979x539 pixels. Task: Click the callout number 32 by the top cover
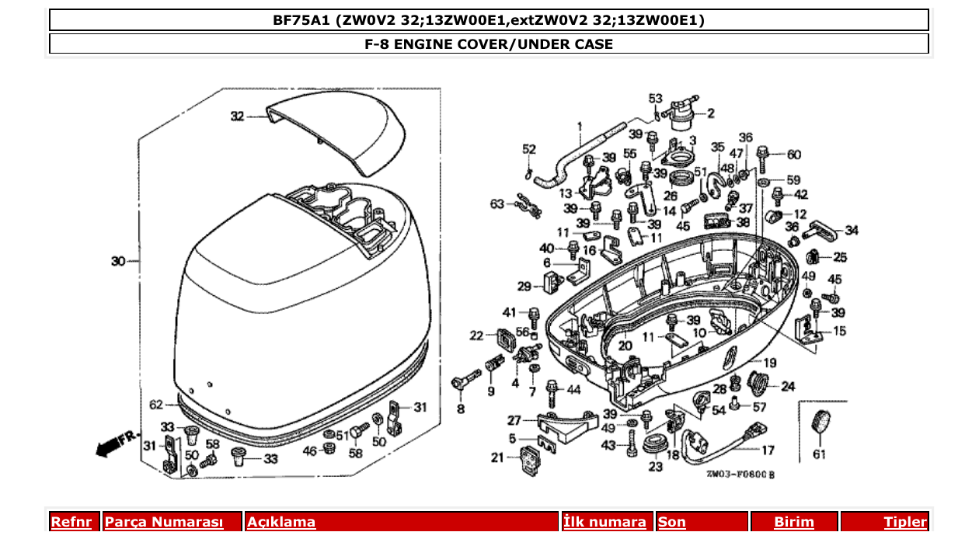pos(237,116)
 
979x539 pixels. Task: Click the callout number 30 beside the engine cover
pos(117,261)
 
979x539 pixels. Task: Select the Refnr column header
pos(71,522)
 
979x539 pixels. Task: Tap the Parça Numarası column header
pos(164,522)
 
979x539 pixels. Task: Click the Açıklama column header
pos(281,522)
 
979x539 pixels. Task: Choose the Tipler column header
pos(905,522)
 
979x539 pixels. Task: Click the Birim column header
pos(793,522)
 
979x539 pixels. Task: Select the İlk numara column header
pos(604,522)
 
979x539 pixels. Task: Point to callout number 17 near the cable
pos(767,450)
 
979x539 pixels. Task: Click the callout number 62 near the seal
pos(156,404)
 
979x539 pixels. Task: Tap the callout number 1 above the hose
pos(579,126)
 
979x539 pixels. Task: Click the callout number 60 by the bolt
pos(794,155)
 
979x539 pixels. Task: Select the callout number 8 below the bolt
pos(461,409)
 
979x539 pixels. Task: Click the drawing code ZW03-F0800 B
pos(740,474)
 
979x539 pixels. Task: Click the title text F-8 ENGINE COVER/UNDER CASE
pos(489,43)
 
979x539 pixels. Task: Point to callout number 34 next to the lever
pos(852,230)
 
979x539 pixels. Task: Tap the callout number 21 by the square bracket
pos(497,457)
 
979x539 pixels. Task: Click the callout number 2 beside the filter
pos(710,113)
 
